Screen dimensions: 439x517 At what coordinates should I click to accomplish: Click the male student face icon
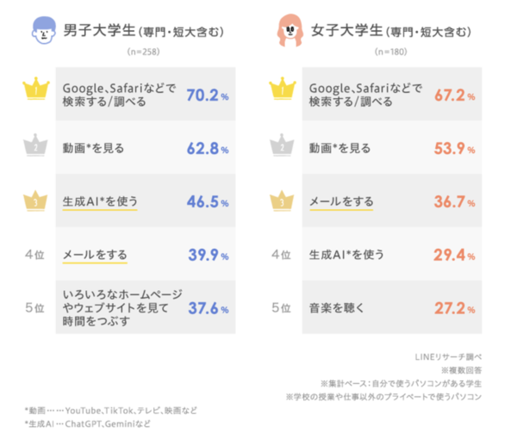coord(38,33)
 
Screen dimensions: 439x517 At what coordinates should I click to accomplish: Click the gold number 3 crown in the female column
coord(282,201)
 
